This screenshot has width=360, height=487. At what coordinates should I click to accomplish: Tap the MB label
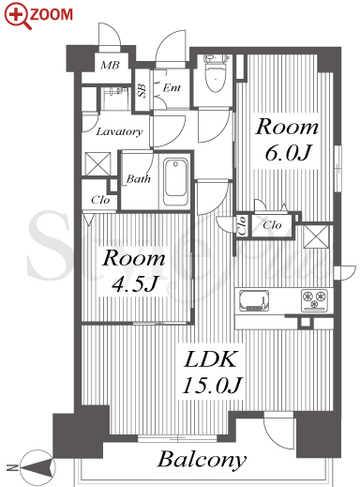click(x=110, y=65)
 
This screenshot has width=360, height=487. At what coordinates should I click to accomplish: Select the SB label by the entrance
click(x=142, y=91)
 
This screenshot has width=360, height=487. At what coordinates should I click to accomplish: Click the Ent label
click(x=172, y=87)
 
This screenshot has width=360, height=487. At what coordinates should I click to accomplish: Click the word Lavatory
click(x=119, y=131)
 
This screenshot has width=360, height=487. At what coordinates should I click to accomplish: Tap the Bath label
click(x=138, y=179)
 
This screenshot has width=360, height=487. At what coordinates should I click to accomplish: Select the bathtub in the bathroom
click(x=176, y=182)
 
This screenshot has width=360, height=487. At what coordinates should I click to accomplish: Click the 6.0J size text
click(x=287, y=153)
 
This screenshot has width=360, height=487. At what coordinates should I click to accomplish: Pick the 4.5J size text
click(x=134, y=283)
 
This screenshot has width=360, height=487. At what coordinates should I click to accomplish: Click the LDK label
click(x=210, y=359)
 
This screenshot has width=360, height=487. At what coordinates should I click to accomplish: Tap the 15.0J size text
click(x=212, y=385)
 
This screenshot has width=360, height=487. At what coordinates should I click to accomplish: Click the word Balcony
click(x=202, y=460)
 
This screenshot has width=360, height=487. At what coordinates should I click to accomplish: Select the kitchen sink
click(x=254, y=300)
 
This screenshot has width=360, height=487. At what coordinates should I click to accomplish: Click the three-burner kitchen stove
click(x=314, y=300)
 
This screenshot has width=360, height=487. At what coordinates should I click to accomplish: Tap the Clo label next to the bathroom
click(x=100, y=200)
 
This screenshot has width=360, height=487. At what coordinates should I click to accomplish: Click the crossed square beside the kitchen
click(x=316, y=236)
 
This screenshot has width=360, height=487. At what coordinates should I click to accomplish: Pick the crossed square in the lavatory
click(x=97, y=163)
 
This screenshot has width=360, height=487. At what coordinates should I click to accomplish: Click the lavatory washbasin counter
click(x=114, y=99)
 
